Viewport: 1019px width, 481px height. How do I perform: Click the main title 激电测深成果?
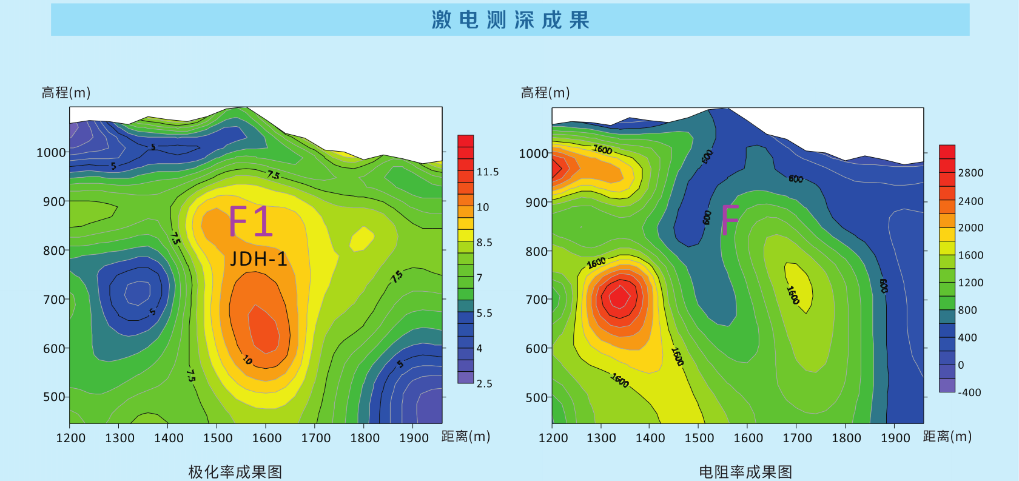click(x=510, y=20)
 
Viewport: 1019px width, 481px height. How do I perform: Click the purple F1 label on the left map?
click(x=251, y=221)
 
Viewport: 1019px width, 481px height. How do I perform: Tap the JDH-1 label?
click(x=258, y=259)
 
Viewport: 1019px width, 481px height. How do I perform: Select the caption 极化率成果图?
click(x=235, y=471)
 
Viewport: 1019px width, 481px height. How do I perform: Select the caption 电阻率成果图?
click(x=745, y=471)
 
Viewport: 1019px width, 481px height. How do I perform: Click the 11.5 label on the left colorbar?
click(x=487, y=172)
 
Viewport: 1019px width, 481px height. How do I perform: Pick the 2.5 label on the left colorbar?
click(x=484, y=383)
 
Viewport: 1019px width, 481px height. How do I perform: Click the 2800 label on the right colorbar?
click(x=970, y=173)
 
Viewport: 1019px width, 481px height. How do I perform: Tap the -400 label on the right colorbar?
click(x=969, y=392)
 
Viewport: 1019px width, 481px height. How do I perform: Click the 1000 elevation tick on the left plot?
click(x=51, y=152)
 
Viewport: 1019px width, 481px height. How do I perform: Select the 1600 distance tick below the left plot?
click(x=267, y=438)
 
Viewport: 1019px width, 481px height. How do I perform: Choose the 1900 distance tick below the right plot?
click(x=895, y=438)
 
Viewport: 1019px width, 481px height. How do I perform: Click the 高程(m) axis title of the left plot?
click(x=66, y=93)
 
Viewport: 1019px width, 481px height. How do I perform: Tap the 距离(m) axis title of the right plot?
click(x=947, y=437)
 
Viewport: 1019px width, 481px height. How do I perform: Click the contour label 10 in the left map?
click(x=247, y=360)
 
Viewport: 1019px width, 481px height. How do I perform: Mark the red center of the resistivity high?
click(x=619, y=297)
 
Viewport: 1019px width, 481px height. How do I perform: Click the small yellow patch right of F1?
click(x=362, y=238)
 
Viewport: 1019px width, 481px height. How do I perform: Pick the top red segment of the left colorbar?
click(x=465, y=141)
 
